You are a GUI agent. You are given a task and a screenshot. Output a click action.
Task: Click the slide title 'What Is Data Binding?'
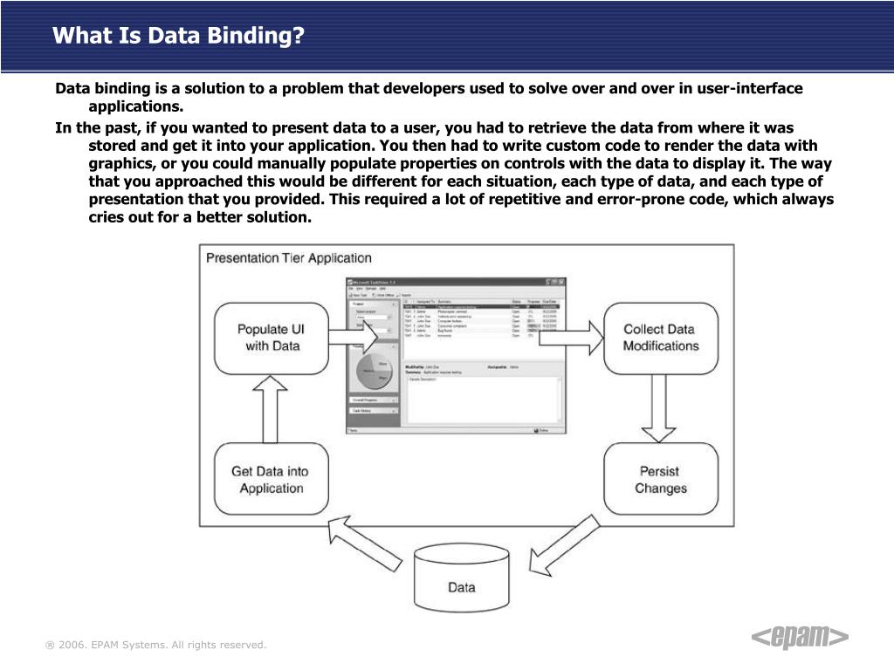click(x=178, y=37)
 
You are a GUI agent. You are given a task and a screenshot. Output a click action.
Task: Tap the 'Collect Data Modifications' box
click(x=661, y=338)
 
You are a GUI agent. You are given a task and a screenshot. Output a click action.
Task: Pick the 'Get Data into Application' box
click(x=271, y=479)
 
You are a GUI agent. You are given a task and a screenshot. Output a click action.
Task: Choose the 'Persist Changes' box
click(x=661, y=479)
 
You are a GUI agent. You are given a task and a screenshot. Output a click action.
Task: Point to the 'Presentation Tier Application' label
click(x=288, y=258)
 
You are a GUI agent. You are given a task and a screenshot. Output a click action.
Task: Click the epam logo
click(x=800, y=638)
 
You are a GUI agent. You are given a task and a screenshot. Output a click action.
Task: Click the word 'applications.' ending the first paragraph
click(x=136, y=107)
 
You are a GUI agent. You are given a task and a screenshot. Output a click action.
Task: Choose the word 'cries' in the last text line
click(x=107, y=217)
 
